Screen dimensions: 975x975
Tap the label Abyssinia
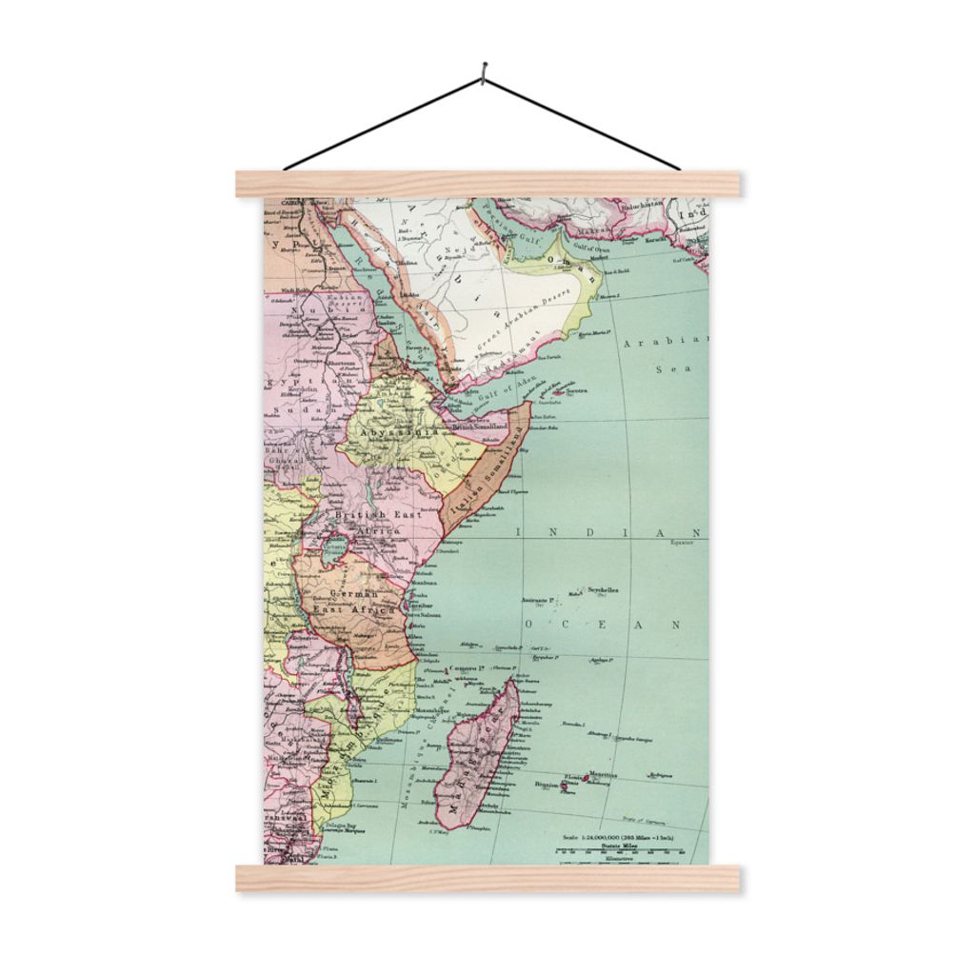(x=386, y=430)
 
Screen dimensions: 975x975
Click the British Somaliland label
(x=480, y=428)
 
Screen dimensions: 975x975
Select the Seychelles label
(x=602, y=590)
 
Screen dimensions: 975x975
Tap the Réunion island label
(x=546, y=785)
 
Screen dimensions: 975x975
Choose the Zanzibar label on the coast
(x=422, y=606)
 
